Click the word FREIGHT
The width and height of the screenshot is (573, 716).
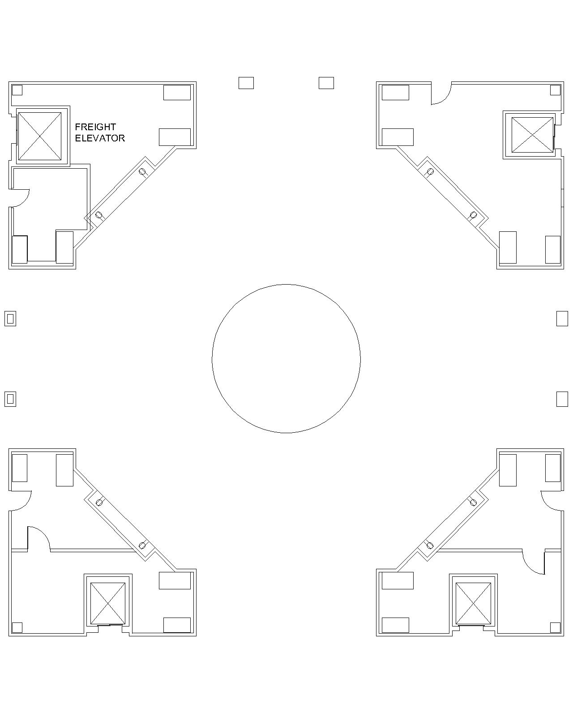pos(95,127)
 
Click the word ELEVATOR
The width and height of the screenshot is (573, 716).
pos(100,138)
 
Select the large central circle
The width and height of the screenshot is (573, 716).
pos(286,358)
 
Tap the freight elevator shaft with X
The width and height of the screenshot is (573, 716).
pos(39,136)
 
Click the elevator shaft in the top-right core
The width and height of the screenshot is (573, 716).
pos(532,135)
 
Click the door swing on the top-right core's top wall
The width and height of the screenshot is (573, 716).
pos(441,94)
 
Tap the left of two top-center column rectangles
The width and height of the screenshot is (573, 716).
pos(246,83)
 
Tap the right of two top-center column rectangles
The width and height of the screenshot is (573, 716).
pos(326,83)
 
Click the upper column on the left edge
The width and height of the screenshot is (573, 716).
pos(10,319)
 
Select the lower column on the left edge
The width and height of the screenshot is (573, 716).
pos(10,399)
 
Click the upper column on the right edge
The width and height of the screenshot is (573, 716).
pos(562,319)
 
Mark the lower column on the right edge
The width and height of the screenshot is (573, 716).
pos(562,399)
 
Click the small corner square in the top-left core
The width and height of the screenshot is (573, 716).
pos(17,90)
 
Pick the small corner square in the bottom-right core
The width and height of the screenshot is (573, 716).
pos(555,627)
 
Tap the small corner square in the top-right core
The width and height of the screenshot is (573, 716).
pos(555,90)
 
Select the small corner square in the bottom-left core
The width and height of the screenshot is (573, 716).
pos(17,627)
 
